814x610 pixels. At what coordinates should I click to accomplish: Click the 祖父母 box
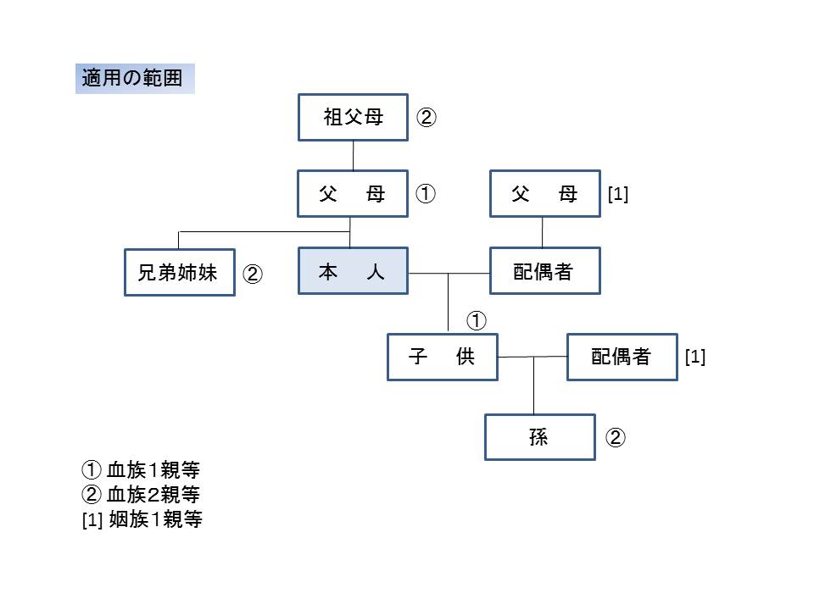click(x=353, y=117)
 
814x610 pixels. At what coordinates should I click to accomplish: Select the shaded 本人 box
click(x=353, y=271)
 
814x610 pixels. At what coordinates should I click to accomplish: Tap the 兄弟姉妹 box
click(x=180, y=272)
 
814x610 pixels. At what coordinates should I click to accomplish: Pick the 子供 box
click(x=443, y=357)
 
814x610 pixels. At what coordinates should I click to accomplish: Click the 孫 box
click(x=540, y=437)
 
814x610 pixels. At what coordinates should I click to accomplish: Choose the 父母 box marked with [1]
click(x=545, y=193)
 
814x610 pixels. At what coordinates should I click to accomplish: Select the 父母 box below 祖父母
click(x=353, y=193)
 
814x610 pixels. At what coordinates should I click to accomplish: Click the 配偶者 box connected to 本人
click(x=545, y=271)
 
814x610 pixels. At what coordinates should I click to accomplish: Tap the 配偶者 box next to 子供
click(x=622, y=357)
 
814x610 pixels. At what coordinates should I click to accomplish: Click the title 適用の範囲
click(x=132, y=78)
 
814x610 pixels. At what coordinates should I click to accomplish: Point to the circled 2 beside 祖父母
click(x=427, y=117)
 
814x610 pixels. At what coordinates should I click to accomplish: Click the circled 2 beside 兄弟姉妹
click(x=253, y=274)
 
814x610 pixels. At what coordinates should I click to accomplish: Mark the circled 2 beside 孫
click(x=616, y=437)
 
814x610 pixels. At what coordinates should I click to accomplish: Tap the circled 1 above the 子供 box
click(x=477, y=320)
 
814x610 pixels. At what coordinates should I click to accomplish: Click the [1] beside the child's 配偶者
click(x=695, y=357)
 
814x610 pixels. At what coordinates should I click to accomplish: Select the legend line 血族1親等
click(x=141, y=470)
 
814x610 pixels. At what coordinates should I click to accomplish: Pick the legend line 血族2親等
click(x=141, y=494)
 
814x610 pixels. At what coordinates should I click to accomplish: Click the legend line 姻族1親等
click(x=142, y=518)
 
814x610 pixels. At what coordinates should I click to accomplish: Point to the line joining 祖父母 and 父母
click(x=353, y=156)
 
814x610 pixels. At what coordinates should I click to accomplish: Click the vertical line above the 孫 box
click(x=533, y=385)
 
